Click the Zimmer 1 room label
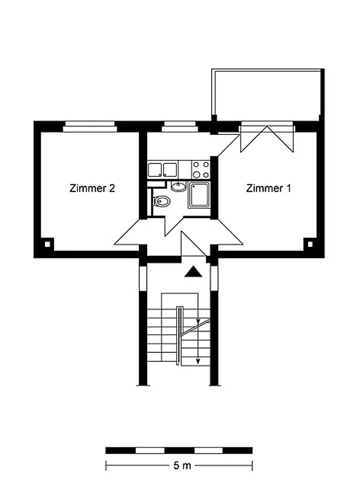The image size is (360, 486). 268,188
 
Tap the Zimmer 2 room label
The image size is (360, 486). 92,188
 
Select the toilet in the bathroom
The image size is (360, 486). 162,201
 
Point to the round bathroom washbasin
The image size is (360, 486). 179,187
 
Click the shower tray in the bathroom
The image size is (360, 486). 199,195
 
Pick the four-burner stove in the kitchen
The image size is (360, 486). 201,169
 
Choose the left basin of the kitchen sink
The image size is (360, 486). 154,170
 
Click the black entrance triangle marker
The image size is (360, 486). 193,271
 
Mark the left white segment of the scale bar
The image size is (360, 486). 150,450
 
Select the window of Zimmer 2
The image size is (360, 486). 90,126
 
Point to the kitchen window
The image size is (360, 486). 180,126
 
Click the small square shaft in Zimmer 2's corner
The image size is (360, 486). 48,244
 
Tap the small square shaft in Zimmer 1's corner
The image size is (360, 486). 310,244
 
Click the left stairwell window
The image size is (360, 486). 142,278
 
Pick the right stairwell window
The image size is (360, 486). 214,278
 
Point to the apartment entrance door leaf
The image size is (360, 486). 193,244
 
